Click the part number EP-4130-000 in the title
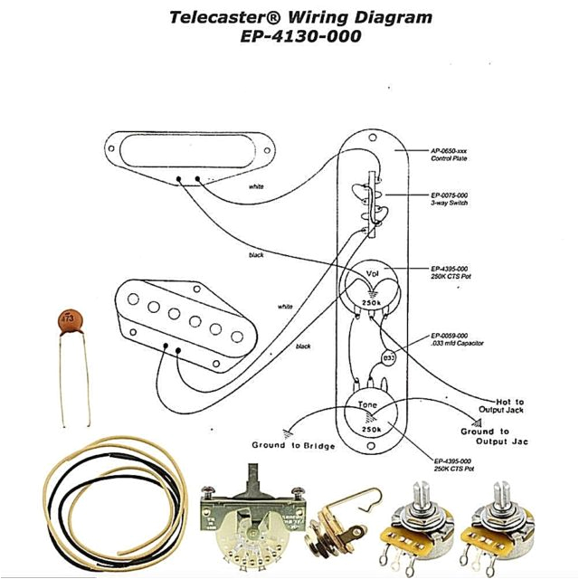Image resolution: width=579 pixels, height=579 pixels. [x=300, y=37]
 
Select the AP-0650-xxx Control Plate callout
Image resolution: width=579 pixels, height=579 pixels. [x=450, y=155]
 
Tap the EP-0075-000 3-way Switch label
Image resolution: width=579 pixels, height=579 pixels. [x=450, y=199]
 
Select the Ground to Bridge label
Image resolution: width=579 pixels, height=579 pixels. [x=293, y=447]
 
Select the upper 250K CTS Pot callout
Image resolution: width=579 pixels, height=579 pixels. [x=450, y=273]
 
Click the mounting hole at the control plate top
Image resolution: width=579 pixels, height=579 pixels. [x=371, y=138]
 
